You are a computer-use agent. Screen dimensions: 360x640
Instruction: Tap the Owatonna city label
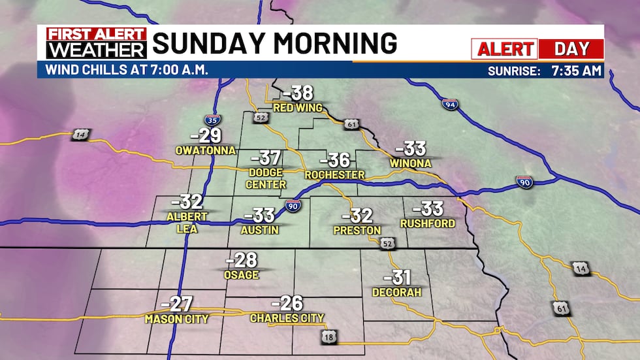pos(205,150)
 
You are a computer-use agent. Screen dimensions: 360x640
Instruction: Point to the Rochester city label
pos(334,175)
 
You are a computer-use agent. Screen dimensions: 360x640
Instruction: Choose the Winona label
pos(410,163)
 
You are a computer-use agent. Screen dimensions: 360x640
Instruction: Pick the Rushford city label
pos(426,224)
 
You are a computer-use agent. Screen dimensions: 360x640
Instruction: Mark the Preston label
pos(357,231)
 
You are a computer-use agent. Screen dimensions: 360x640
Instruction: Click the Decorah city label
pos(396,292)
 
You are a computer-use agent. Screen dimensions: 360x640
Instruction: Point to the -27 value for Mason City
pos(176,304)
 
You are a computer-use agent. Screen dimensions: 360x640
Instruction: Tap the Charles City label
pos(287,318)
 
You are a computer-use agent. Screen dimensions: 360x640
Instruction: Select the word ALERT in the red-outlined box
pos(504,49)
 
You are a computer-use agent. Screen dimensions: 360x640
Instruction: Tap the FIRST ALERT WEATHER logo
pos(93,43)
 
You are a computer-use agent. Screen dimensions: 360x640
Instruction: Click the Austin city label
pos(260,230)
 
